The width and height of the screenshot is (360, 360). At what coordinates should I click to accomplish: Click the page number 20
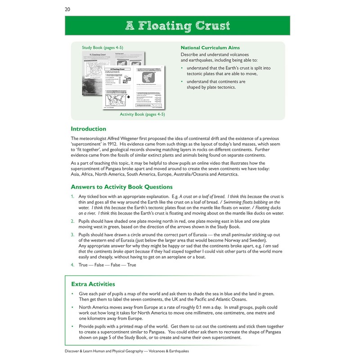[x=67, y=9]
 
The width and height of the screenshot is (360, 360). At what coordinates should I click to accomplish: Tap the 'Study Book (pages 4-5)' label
[x=98, y=47]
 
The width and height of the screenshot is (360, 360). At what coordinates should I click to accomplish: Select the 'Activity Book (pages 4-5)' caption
[x=142, y=115]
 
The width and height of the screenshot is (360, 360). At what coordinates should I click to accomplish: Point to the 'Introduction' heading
[x=89, y=129]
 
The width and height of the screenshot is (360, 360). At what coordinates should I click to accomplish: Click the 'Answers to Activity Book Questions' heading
[x=122, y=187]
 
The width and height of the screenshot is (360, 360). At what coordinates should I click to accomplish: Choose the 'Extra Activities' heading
[x=93, y=284]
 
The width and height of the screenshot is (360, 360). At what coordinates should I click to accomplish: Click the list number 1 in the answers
[x=72, y=197]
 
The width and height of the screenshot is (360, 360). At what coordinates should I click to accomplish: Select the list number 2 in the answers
[x=72, y=221]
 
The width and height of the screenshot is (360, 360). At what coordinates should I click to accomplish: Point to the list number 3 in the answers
[x=72, y=235]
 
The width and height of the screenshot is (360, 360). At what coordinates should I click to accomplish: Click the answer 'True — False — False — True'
[x=107, y=265]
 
